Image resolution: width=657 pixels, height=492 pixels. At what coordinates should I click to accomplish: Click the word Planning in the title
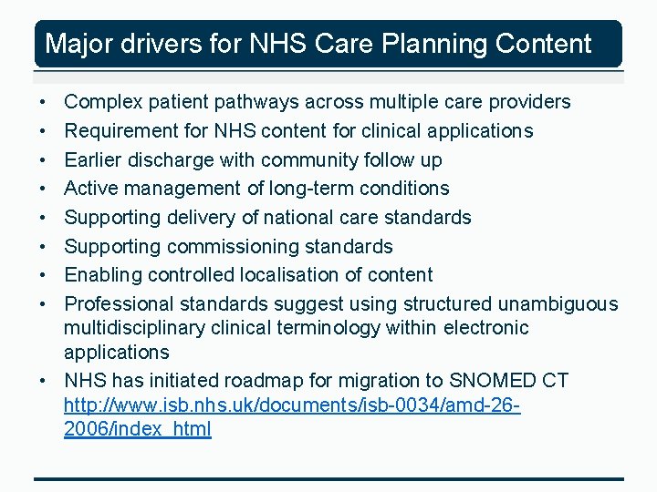tap(412, 44)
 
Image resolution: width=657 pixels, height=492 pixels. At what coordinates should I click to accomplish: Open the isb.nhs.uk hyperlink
tap(292, 405)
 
